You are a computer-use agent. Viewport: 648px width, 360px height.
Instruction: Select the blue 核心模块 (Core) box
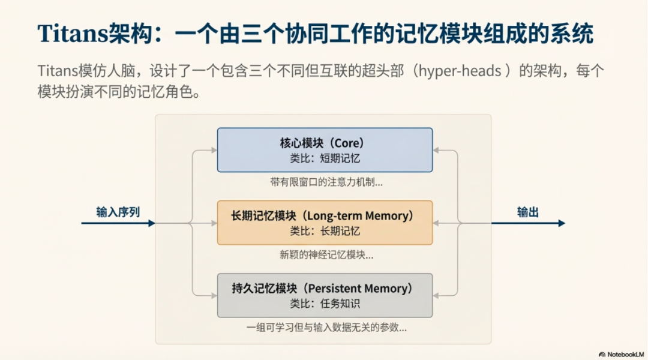325,150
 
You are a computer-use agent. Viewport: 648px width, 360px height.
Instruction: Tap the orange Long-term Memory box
325,223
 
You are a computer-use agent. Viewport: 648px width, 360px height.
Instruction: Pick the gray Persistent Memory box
325,295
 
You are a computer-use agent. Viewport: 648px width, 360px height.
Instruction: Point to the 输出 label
528,212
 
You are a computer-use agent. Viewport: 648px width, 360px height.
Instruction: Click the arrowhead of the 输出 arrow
562,223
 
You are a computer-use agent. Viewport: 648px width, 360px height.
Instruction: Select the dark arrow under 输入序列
118,223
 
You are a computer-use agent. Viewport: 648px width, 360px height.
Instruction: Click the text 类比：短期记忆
325,158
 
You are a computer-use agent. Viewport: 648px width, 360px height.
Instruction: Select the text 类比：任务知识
325,304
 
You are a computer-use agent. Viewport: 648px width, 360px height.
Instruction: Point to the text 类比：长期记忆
325,231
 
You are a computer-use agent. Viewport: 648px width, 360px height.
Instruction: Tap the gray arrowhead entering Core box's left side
214,150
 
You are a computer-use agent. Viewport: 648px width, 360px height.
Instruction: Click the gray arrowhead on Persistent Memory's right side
436,295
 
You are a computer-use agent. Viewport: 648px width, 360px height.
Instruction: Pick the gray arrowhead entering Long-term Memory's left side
214,223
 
